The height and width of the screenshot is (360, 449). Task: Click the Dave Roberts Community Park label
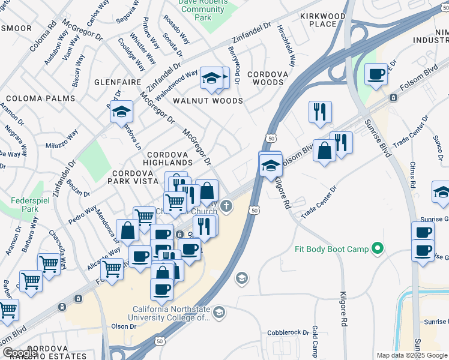coord(203,10)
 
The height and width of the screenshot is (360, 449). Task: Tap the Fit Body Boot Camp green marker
coord(378,248)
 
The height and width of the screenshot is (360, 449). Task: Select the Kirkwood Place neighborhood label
coord(327,20)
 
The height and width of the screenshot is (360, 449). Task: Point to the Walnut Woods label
coord(208,101)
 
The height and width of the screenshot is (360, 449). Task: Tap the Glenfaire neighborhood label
coord(117,82)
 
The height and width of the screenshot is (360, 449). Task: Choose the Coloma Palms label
coord(40,98)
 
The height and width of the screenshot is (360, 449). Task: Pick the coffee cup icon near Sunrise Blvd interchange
coord(376,75)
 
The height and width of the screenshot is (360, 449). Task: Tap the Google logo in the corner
coord(19,353)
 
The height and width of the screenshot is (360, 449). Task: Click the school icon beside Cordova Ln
coord(121,112)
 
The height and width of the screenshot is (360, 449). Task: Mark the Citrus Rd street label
coord(410,172)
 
